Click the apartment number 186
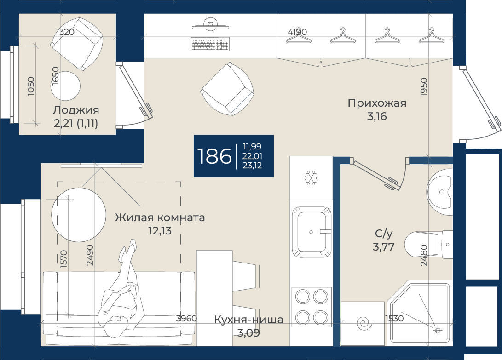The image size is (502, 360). (x=214, y=156)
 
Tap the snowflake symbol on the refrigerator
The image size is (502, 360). (x=311, y=178)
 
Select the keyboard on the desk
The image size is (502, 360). (x=210, y=44)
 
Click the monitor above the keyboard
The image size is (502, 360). (x=210, y=25)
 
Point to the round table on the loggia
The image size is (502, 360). (x=66, y=86)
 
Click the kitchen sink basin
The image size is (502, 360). (x=312, y=232)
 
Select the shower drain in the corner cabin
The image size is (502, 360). (x=438, y=330)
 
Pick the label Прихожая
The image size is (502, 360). (x=377, y=103)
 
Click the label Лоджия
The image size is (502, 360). (x=76, y=110)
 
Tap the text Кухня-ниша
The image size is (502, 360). (x=248, y=320)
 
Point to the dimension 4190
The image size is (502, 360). (x=297, y=32)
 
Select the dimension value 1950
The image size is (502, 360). (x=424, y=87)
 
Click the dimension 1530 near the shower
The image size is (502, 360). (x=394, y=319)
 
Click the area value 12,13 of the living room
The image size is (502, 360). (x=160, y=230)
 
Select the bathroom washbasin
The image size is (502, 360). (x=440, y=192)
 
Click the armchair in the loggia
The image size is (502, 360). (x=77, y=44)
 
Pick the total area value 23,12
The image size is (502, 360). (x=252, y=165)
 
